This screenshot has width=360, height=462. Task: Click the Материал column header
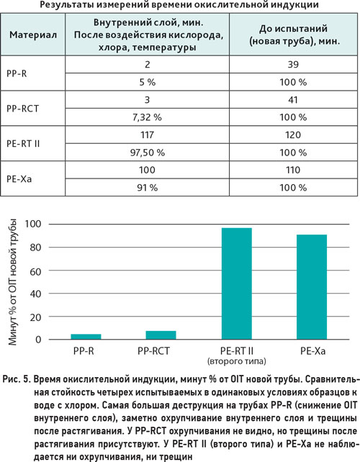pos(33,35)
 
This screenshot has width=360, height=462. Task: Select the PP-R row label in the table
pos(17,73)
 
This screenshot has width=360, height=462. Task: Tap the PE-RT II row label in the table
pos(23,143)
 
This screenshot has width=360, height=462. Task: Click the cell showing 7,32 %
pos(147,117)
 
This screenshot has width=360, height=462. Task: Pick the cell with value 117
pos(147,135)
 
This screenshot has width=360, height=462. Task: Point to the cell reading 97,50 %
pos(148,153)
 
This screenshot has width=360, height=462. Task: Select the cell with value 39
pos(293,65)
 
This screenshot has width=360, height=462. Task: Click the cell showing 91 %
pos(148,188)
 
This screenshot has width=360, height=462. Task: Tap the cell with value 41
pos(293,100)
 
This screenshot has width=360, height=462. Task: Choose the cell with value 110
pos(293,170)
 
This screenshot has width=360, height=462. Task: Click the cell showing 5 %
pos(148,82)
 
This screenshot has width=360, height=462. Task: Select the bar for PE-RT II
pos(236,284)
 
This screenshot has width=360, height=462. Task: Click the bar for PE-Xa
pos(312,287)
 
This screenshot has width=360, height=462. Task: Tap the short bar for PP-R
pos(86,337)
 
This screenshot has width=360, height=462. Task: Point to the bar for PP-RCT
pos(161,335)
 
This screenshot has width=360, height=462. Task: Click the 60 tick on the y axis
pos(35,271)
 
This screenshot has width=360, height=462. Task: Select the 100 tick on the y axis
pos(33,225)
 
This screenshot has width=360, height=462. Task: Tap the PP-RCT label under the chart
pos(153,351)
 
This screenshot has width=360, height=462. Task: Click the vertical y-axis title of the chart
pos(12,282)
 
